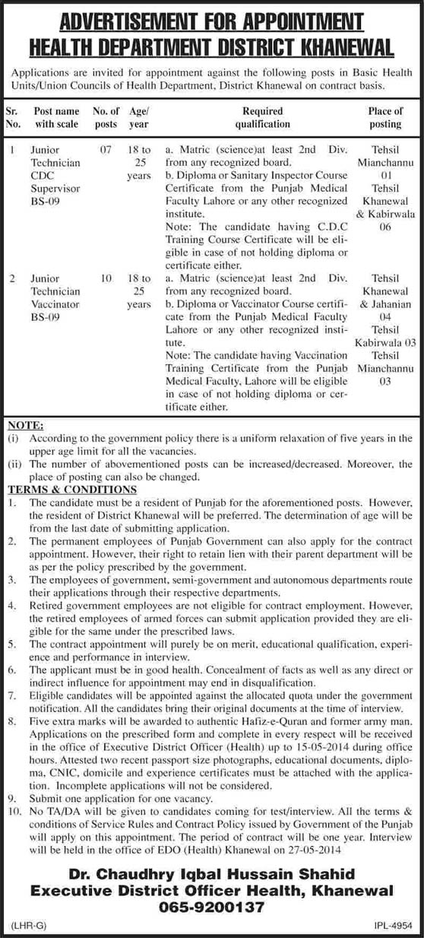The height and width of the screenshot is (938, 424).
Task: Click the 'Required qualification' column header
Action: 262,116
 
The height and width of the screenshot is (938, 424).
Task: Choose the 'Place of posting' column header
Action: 385,116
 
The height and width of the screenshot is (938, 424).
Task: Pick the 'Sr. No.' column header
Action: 14,116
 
